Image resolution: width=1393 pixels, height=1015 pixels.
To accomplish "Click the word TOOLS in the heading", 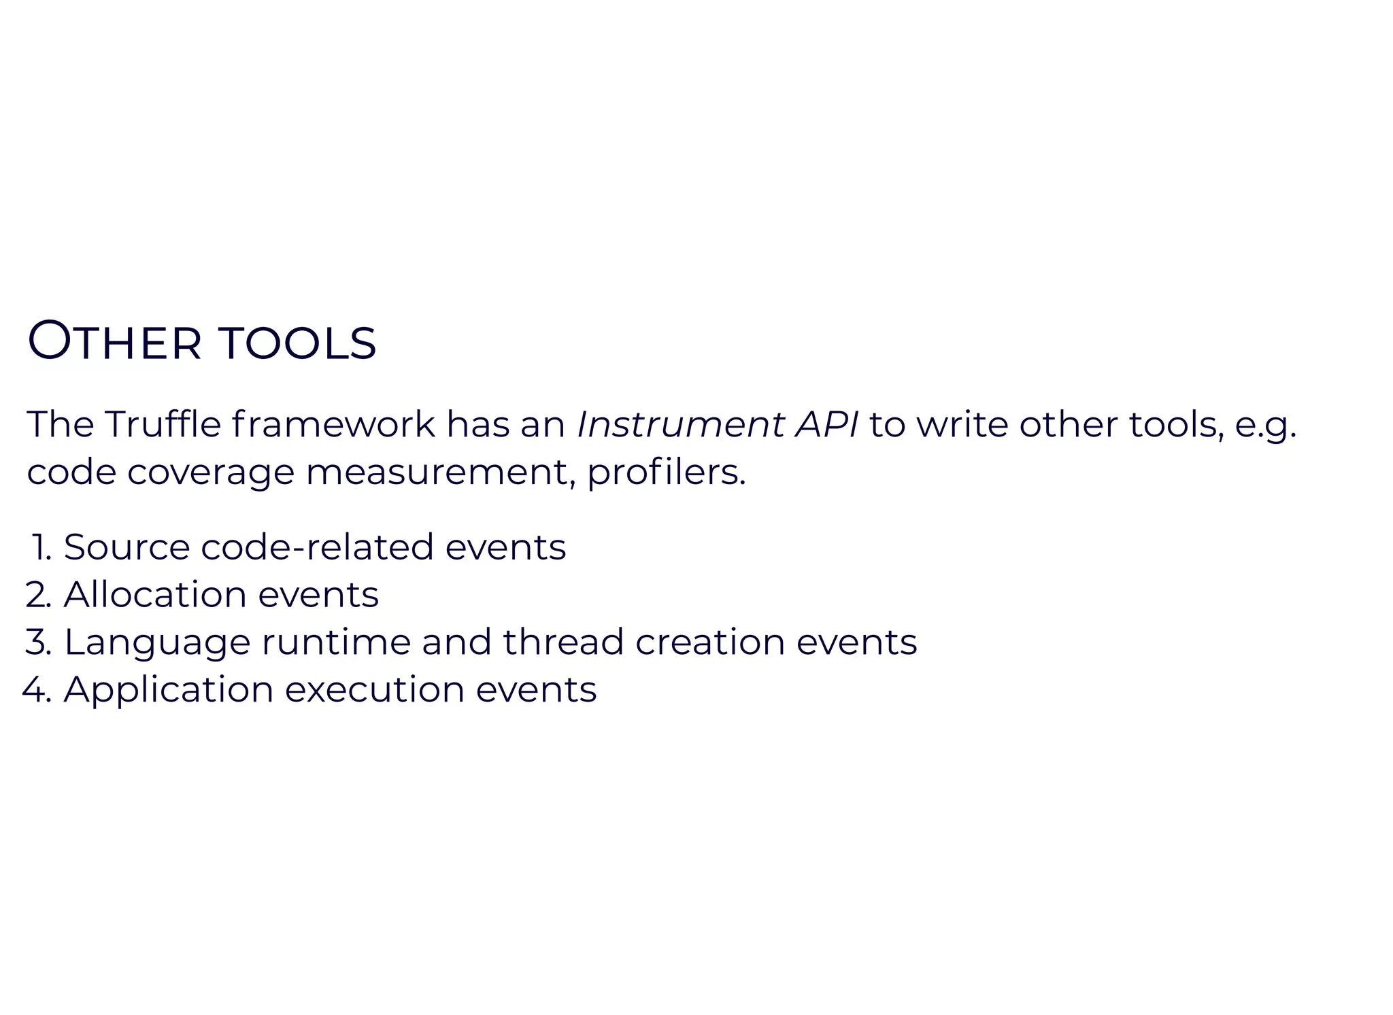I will pyautogui.click(x=297, y=343).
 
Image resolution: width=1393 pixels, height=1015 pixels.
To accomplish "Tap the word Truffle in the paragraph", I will pyautogui.click(x=163, y=425).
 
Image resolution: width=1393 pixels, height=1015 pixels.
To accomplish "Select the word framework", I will pyautogui.click(x=333, y=425).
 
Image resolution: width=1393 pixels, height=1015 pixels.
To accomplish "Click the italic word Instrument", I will pyautogui.click(x=680, y=425).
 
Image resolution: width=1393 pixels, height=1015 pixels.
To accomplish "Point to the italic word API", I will pyautogui.click(x=827, y=425).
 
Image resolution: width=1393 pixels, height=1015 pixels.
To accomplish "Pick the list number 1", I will pyautogui.click(x=41, y=548).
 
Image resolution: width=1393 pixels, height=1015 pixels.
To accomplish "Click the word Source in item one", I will pyautogui.click(x=127, y=548).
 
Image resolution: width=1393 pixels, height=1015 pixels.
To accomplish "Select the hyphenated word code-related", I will pyautogui.click(x=317, y=548).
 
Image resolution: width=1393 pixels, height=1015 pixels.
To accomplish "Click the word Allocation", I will pyautogui.click(x=155, y=596).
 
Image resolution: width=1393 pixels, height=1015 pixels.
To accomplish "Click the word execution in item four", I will pyautogui.click(x=374, y=690).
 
